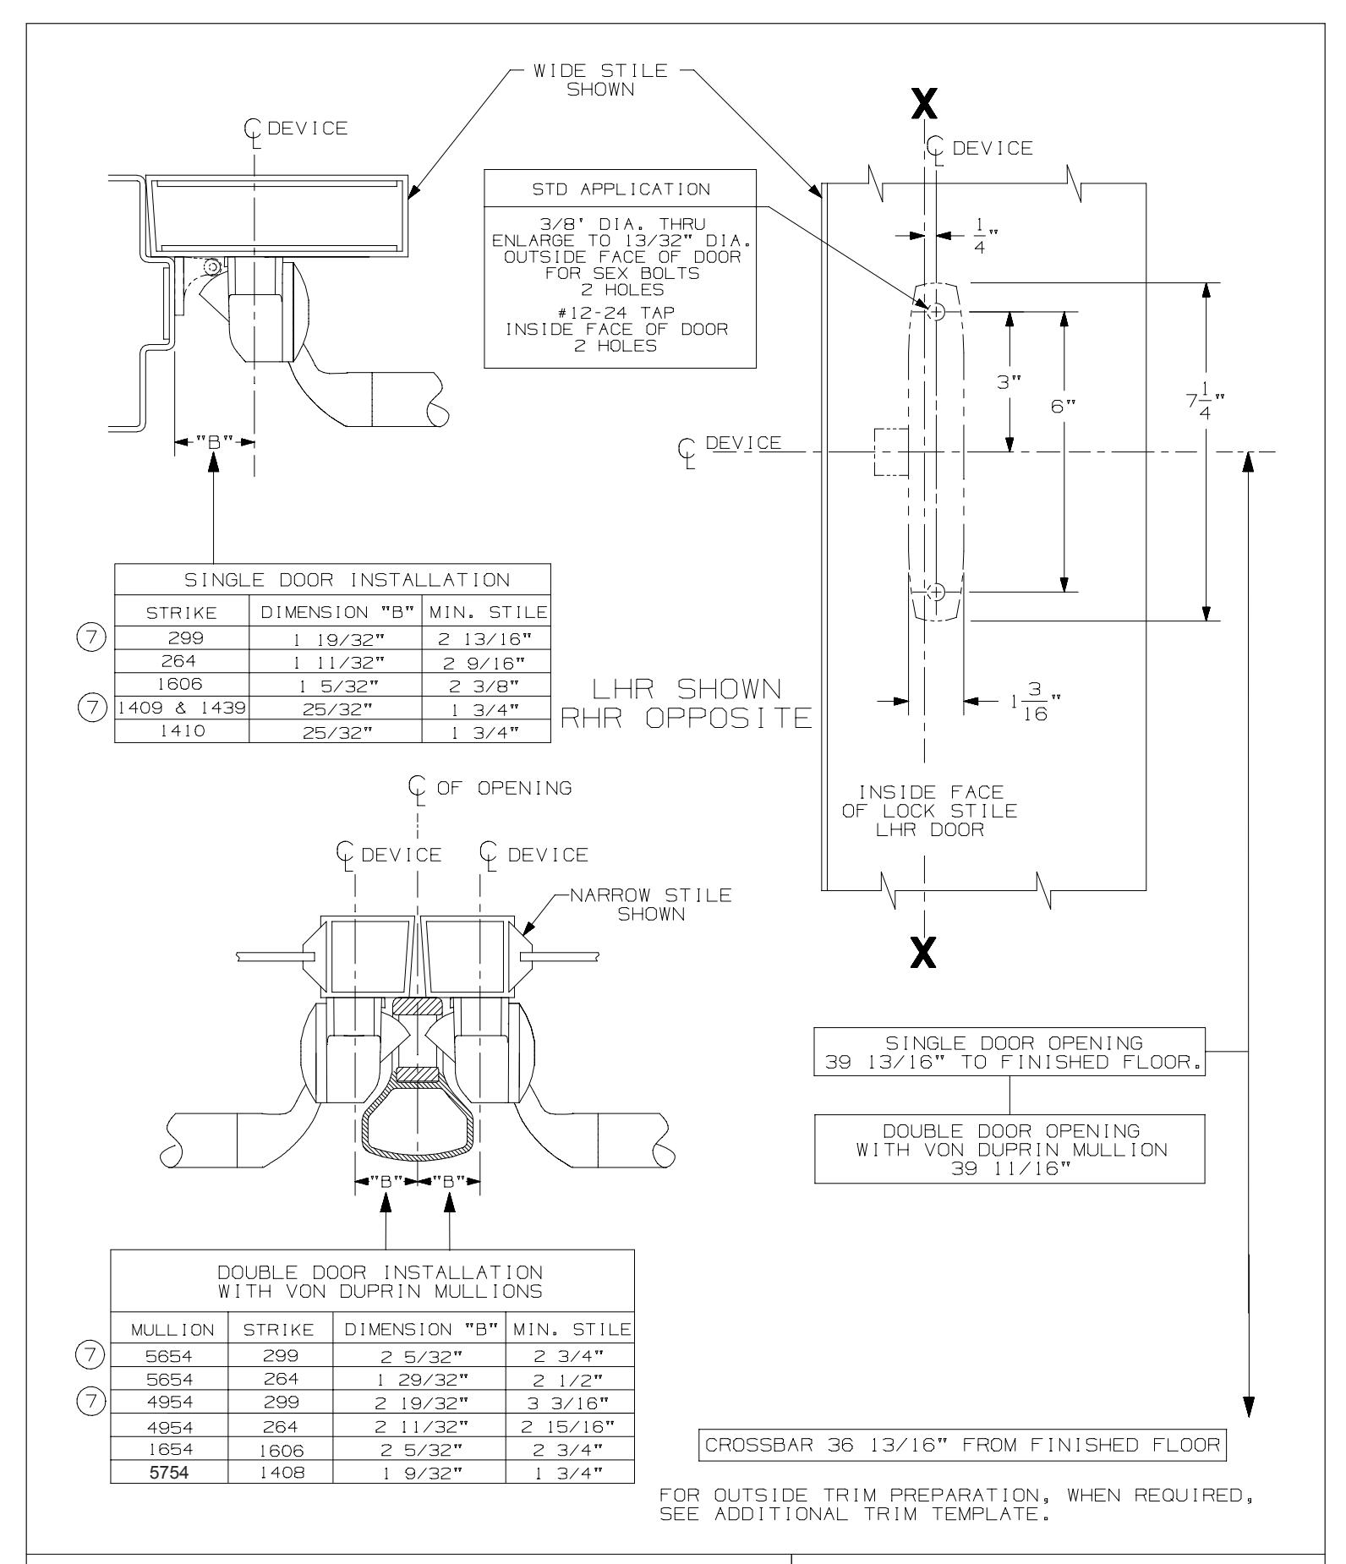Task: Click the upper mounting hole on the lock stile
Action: tap(936, 312)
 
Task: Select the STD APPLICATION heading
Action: tap(620, 189)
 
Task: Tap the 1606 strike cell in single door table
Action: tap(181, 685)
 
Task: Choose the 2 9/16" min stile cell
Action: tap(485, 662)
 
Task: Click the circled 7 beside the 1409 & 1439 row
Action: tap(101, 708)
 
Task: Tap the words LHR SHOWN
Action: tap(686, 687)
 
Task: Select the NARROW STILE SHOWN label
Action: tap(650, 904)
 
